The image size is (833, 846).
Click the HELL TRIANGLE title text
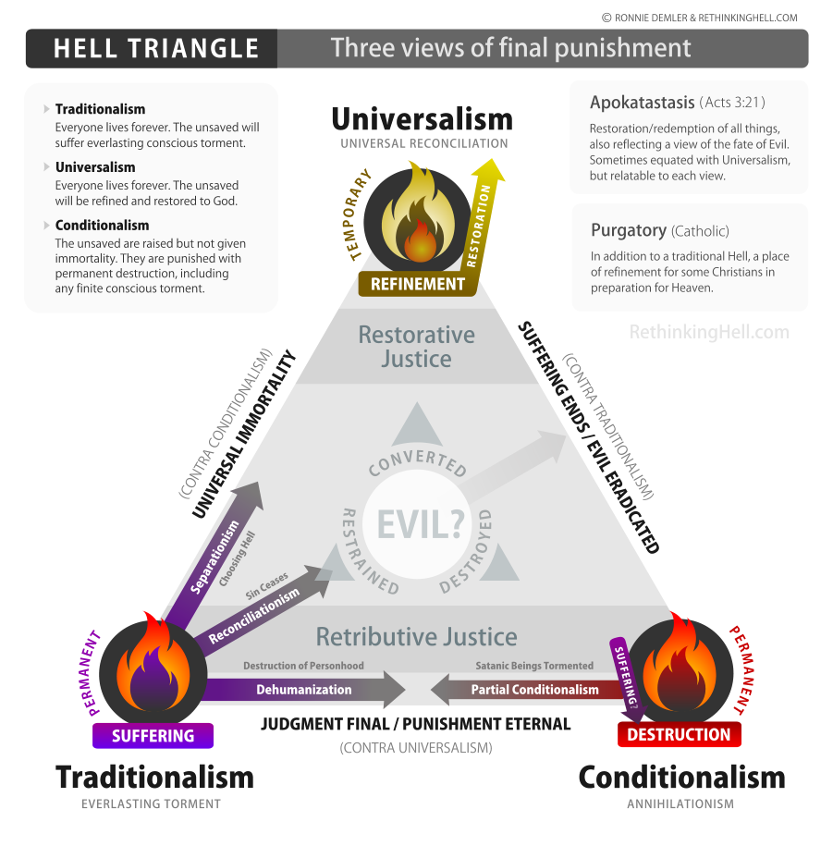[x=155, y=48]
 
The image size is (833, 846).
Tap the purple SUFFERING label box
[x=153, y=735]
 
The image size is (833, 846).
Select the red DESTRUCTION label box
[x=679, y=734]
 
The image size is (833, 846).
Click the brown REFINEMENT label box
[x=416, y=284]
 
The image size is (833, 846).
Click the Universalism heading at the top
[x=422, y=119]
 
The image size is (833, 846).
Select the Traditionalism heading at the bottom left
[x=154, y=777]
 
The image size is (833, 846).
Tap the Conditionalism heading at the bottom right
[x=681, y=777]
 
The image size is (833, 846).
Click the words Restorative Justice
[x=416, y=346]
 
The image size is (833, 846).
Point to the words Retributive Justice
[x=416, y=636]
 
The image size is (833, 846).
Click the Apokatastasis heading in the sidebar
[x=642, y=103]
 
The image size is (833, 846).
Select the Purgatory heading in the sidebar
[x=629, y=230]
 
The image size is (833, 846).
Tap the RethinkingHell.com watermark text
[x=709, y=332]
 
